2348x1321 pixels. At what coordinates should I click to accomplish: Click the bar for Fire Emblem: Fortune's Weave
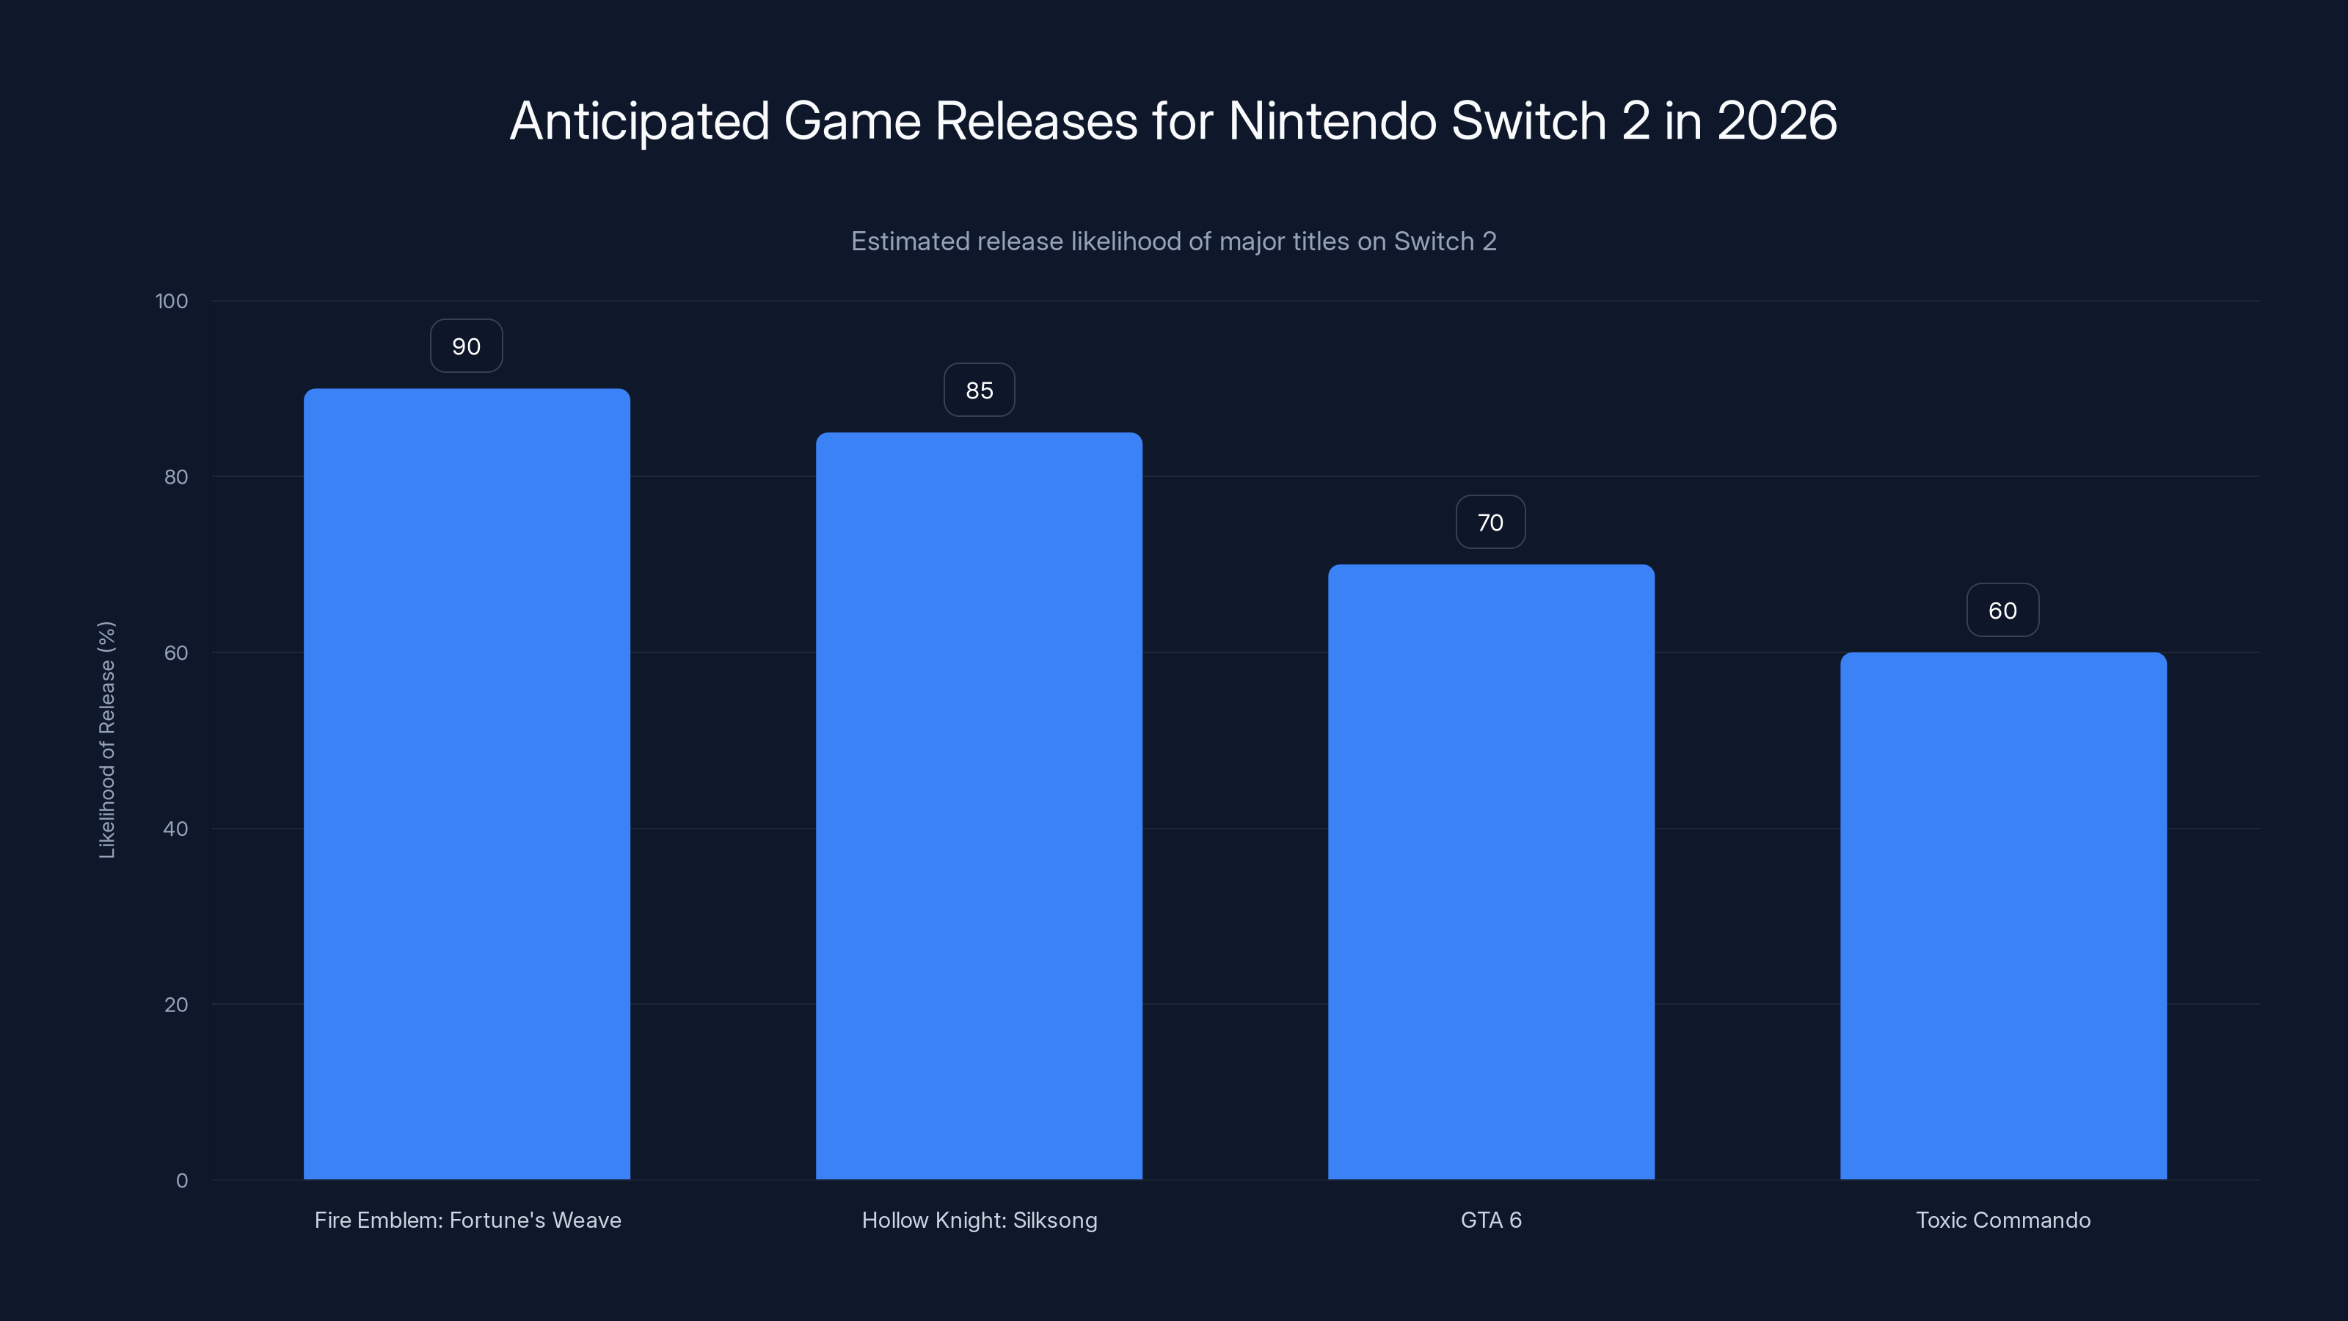pos(467,784)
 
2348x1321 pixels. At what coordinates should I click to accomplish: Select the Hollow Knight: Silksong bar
pos(979,806)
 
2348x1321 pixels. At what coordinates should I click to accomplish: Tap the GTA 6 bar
pos(1491,872)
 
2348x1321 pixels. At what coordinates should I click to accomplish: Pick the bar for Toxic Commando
pos(2002,915)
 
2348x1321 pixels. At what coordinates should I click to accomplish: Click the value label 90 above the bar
pos(466,346)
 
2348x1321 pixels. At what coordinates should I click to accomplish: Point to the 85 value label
pos(979,390)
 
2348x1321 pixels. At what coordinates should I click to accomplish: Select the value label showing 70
pos(1490,523)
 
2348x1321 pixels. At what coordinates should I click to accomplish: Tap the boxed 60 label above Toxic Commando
pos(2002,611)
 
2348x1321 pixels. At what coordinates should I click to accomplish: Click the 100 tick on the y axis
pos(172,301)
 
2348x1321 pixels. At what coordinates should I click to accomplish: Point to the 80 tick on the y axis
pos(176,477)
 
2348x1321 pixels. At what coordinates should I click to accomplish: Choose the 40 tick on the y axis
pos(176,829)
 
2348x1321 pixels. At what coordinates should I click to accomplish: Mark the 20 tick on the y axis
pos(176,1005)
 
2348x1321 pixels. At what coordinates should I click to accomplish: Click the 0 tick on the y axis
pos(181,1181)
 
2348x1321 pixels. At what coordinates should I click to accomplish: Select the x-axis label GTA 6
pos(1491,1220)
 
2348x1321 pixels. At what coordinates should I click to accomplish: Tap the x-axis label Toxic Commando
pos(2002,1220)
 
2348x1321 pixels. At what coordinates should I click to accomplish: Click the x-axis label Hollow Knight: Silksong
pos(979,1220)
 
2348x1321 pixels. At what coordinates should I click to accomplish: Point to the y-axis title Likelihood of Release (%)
pos(106,739)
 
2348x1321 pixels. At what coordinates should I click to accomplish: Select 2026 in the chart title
pos(1776,120)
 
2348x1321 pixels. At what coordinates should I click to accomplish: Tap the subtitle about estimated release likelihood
pos(1173,241)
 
